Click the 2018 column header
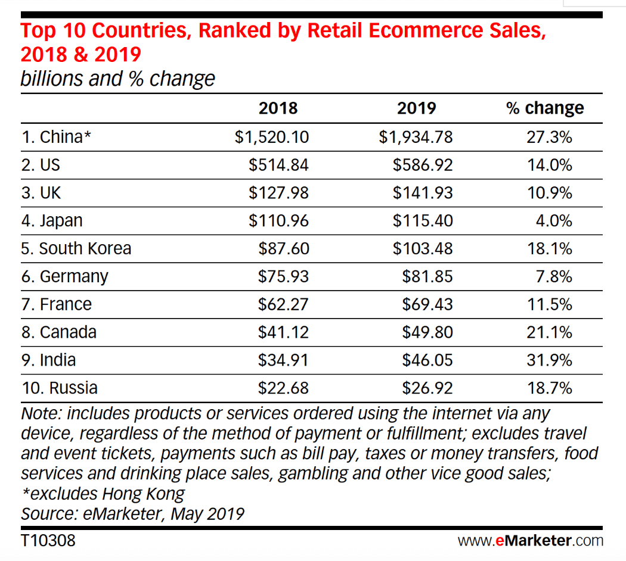(x=278, y=108)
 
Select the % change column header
(x=545, y=108)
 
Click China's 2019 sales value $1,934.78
(x=416, y=137)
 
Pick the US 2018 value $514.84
(x=278, y=165)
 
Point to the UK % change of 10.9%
(x=549, y=193)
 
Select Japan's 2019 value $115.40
(x=422, y=221)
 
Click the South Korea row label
(x=76, y=248)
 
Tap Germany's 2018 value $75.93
(x=283, y=276)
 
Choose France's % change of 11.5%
(x=549, y=304)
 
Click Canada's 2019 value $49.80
(x=427, y=332)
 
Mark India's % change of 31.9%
(x=549, y=360)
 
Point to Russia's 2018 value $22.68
(x=283, y=388)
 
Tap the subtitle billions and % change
(x=117, y=79)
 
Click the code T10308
(x=48, y=541)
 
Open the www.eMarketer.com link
(x=530, y=541)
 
